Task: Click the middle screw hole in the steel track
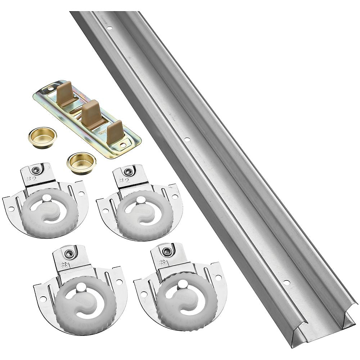pyautogui.click(x=186, y=139)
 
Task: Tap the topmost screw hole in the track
pyautogui.click(x=109, y=28)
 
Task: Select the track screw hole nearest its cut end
pyautogui.click(x=287, y=283)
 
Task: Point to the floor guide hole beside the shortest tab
pyautogui.click(x=123, y=145)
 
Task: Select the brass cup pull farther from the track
pyautogui.click(x=42, y=137)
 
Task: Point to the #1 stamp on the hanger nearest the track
pyautogui.click(x=165, y=262)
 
